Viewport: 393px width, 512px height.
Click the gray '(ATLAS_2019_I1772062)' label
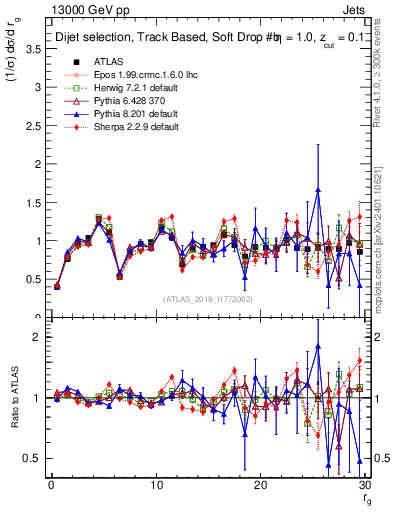tap(208, 299)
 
